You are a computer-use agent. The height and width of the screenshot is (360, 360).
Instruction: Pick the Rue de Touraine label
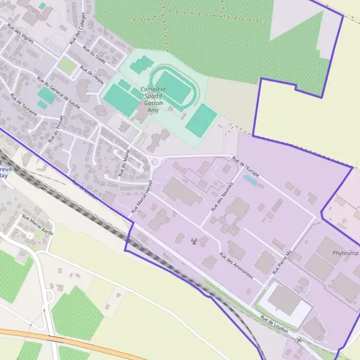click(x=24, y=107)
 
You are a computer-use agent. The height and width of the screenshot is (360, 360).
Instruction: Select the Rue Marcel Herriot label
click(x=142, y=196)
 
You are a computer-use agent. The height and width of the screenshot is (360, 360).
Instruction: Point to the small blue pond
click(x=251, y=179)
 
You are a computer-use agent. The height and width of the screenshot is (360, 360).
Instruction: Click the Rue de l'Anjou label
click(x=91, y=77)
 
